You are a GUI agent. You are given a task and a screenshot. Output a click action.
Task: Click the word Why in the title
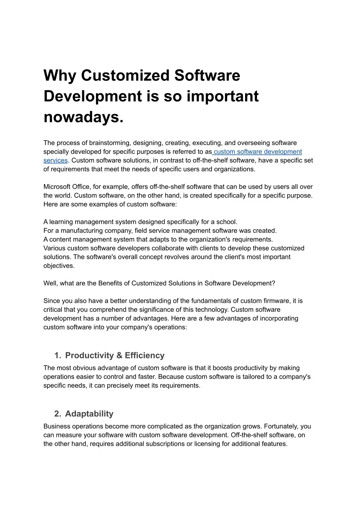click(59, 76)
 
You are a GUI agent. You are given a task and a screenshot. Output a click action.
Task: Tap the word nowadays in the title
click(83, 117)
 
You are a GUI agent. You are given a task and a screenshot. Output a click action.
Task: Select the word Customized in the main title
click(125, 76)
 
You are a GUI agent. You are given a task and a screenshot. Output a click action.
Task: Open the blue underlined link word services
click(56, 161)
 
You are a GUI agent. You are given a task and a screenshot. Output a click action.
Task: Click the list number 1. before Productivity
click(58, 356)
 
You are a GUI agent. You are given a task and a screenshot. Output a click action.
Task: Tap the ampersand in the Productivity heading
click(119, 356)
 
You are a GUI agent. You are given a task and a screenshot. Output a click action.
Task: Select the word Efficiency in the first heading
click(144, 356)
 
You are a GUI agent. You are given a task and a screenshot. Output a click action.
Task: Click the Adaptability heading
click(89, 414)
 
